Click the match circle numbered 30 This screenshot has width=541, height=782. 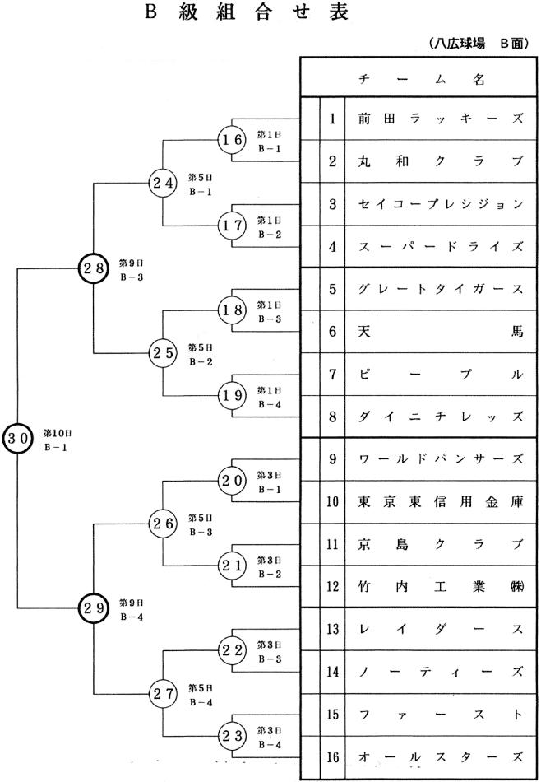[17, 437]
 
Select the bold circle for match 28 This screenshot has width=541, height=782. [94, 268]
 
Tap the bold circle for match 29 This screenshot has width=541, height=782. [94, 608]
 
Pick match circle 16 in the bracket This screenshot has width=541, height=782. [232, 141]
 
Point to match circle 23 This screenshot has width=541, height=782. [232, 735]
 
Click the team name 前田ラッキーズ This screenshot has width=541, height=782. [440, 119]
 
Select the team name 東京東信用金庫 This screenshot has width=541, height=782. [440, 501]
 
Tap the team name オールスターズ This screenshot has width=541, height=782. [440, 756]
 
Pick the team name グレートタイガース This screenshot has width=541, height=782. [440, 289]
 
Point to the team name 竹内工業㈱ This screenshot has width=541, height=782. [440, 587]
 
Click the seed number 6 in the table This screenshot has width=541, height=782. [332, 332]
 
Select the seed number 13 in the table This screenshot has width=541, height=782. [332, 630]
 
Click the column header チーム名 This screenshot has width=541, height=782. [422, 79]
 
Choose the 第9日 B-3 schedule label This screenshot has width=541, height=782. [132, 269]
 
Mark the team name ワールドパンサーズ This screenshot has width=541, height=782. [440, 459]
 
